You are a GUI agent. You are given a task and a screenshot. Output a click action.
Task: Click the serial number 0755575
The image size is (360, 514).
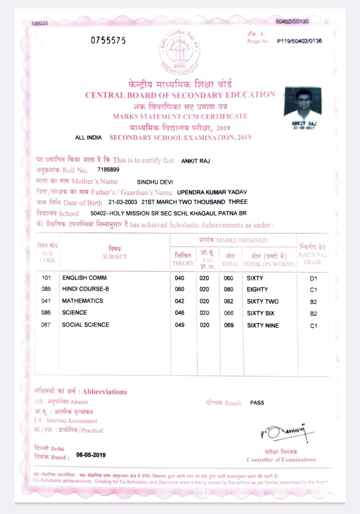point(108,41)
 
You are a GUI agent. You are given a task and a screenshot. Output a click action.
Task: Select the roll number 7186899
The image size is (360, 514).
point(108,170)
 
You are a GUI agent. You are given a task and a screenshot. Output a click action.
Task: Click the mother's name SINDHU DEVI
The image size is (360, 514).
point(155,182)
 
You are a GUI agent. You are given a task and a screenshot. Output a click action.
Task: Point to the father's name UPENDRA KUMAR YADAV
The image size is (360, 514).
point(212,192)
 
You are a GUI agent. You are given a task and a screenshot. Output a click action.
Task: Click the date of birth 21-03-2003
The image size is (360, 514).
point(123,202)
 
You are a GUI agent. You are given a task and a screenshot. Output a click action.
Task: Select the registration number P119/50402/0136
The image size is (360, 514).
point(299,41)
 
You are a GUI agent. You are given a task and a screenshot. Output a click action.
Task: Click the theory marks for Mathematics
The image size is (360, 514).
point(180,301)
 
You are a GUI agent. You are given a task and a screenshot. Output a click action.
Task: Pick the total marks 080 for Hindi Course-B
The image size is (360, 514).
point(229,289)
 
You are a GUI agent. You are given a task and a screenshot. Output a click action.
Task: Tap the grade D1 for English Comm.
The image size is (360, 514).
point(313,278)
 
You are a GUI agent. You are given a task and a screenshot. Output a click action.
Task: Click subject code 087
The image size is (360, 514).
point(46,325)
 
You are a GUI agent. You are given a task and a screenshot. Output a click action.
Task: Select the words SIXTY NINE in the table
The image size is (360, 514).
point(263,325)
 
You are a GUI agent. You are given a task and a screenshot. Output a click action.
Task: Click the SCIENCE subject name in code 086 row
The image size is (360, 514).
point(74,313)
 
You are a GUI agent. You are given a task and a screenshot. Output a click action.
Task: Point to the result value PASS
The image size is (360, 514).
point(257,403)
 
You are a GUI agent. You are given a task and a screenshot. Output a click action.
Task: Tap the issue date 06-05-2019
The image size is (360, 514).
point(91,455)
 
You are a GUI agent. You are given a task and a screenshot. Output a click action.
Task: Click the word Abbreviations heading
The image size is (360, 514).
point(105,392)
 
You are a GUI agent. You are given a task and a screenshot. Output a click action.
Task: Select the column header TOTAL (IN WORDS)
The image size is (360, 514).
point(269,264)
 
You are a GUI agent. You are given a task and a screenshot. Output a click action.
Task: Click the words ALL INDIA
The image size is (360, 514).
point(88,138)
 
